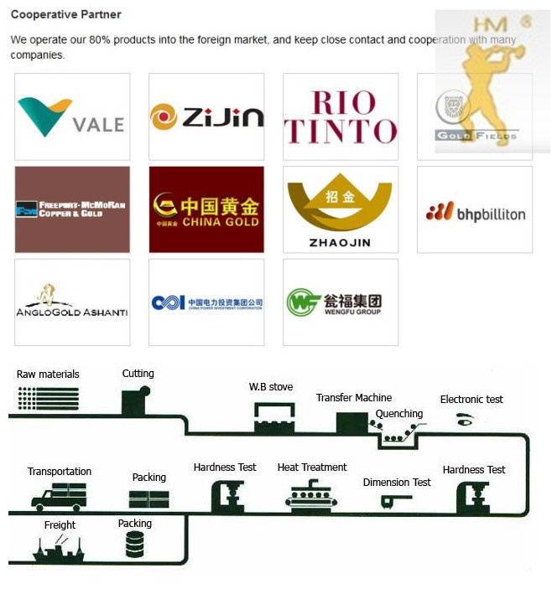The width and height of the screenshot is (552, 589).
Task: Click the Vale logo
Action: tap(72, 116)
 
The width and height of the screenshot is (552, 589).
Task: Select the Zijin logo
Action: tap(206, 116)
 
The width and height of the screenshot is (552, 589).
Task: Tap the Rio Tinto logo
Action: tap(341, 116)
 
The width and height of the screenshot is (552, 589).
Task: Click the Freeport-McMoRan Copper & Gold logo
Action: tap(72, 209)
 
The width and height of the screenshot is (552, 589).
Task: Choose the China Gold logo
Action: tap(206, 209)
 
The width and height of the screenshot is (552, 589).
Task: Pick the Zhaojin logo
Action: tap(341, 209)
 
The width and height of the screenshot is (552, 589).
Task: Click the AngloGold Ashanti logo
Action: tap(72, 302)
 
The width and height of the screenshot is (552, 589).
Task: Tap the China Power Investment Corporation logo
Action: tap(206, 302)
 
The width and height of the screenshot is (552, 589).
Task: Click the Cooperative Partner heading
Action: tap(65, 14)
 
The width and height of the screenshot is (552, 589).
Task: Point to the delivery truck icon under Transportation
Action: tap(59, 497)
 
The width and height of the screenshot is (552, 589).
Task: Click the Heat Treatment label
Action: tap(312, 468)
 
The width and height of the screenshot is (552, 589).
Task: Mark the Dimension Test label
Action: tap(397, 483)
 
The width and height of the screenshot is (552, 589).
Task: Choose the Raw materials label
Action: tap(48, 375)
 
